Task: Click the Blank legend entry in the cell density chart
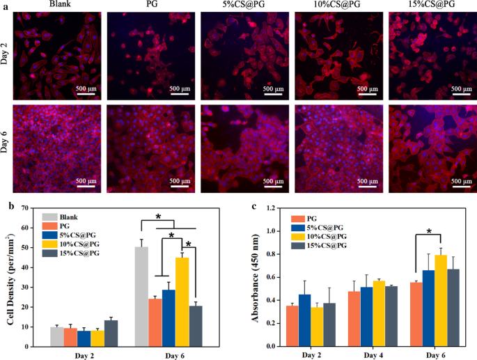tap(66, 216)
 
